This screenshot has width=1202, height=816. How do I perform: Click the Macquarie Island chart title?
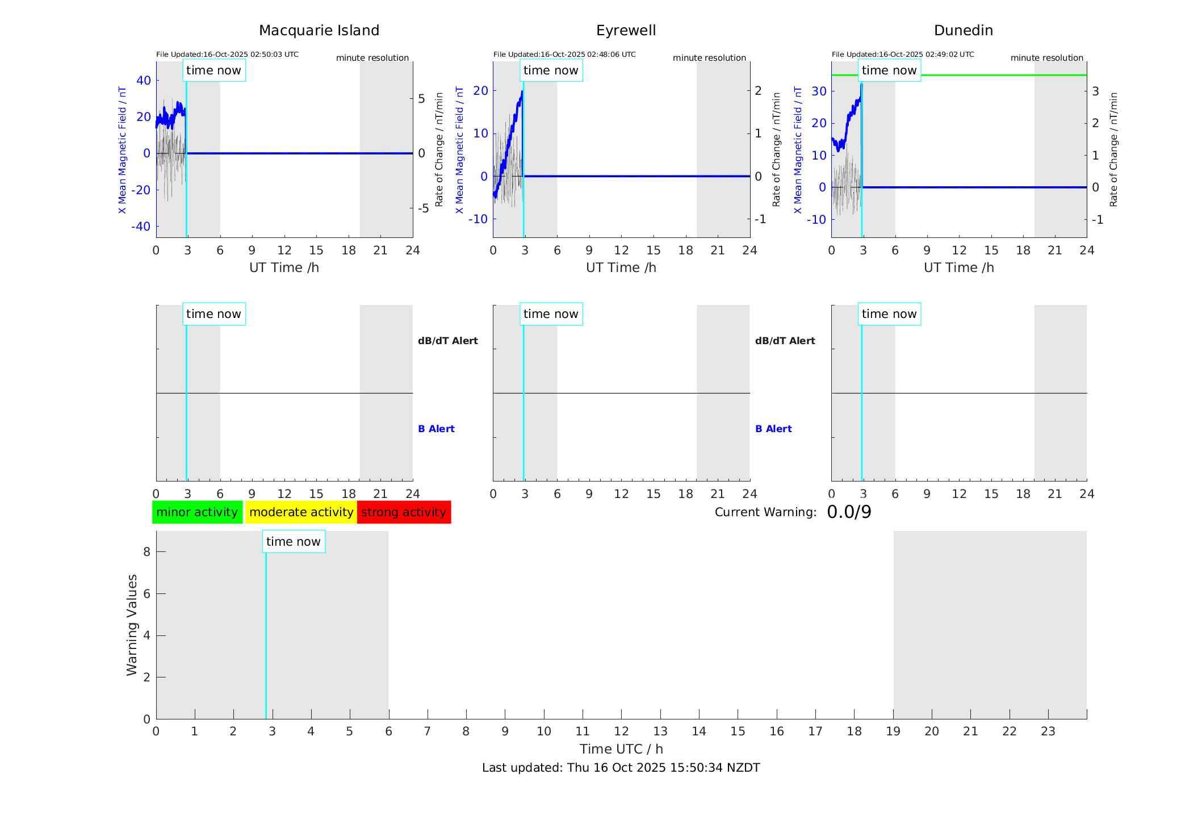click(319, 31)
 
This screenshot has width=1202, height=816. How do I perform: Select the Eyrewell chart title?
click(626, 31)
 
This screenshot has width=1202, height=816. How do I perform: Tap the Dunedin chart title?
click(963, 31)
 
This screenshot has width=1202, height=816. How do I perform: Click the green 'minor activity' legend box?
click(197, 512)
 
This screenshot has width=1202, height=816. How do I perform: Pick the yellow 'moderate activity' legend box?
click(301, 512)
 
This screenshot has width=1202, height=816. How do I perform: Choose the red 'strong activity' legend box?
click(404, 512)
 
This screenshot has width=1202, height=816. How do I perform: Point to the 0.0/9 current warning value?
click(849, 512)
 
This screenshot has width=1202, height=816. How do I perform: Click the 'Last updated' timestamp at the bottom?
click(621, 768)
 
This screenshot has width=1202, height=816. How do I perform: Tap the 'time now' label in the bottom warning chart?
click(293, 542)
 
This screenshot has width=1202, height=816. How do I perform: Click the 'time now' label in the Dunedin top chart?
click(889, 70)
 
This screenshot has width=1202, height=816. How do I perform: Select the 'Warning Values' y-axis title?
click(132, 625)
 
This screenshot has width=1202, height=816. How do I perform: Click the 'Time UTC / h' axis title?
click(621, 749)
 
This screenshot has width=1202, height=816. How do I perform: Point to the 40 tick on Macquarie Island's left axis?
click(144, 81)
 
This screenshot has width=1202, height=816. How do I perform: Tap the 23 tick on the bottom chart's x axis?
click(1048, 731)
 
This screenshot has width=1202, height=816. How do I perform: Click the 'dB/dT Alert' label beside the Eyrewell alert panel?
click(785, 341)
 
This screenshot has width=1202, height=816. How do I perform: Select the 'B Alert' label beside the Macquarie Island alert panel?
click(436, 429)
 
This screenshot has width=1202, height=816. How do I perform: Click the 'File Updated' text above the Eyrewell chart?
click(564, 55)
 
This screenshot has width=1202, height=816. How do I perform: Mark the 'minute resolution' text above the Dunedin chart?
click(1046, 58)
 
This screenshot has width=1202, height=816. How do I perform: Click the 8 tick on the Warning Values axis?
click(146, 552)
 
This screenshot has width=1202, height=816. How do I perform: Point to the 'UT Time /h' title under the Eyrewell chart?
click(621, 267)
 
